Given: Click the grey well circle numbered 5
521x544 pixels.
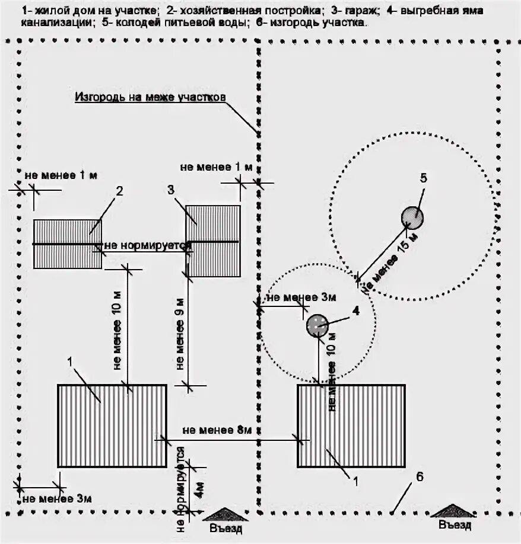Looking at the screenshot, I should pyautogui.click(x=412, y=218).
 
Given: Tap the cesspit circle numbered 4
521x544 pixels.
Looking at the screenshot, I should pyautogui.click(x=317, y=325).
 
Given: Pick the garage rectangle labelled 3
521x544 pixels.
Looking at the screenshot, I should pyautogui.click(x=213, y=241).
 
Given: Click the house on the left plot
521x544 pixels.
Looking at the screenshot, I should pyautogui.click(x=112, y=425).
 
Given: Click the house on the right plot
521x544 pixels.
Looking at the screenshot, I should pyautogui.click(x=351, y=425).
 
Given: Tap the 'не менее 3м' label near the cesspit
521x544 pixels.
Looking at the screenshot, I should pyautogui.click(x=293, y=297).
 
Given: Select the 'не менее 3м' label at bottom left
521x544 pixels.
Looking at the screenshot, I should pyautogui.click(x=58, y=498).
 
